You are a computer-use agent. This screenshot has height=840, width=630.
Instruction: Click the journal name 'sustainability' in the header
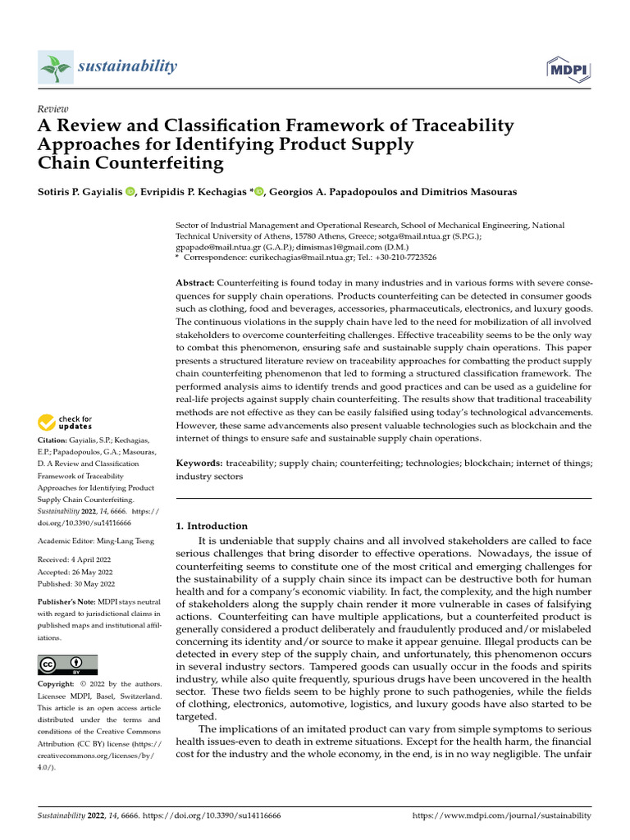(127, 66)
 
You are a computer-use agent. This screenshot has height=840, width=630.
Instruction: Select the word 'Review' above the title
(53, 109)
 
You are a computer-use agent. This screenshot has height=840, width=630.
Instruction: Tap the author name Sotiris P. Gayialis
(80, 192)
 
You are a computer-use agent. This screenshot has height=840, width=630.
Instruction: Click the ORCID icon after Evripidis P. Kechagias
(260, 192)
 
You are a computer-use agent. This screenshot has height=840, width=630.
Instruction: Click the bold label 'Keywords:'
(200, 463)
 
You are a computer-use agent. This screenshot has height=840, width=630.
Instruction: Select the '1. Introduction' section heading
(212, 526)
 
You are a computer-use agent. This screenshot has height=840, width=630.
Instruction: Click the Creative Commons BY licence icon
(68, 664)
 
